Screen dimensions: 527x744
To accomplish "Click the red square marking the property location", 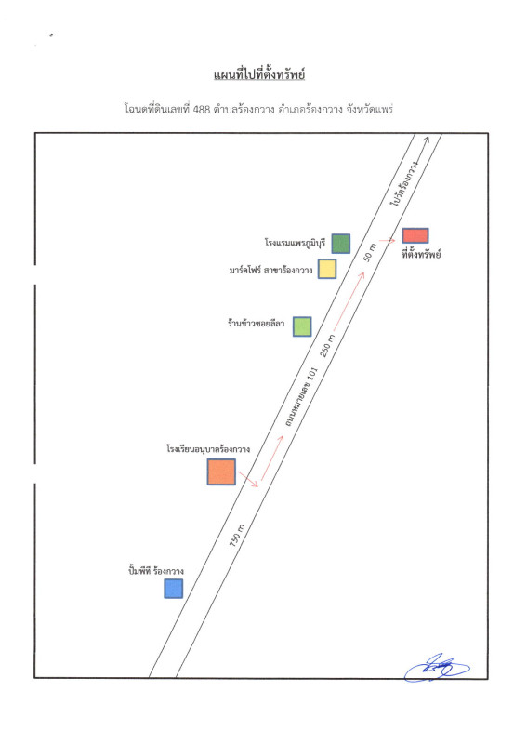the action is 415,236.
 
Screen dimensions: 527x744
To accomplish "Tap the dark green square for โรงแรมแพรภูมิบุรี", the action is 340,244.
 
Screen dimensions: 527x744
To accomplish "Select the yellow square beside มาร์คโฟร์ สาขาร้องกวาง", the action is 327,269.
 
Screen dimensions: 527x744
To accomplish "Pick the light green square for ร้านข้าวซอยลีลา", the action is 302,326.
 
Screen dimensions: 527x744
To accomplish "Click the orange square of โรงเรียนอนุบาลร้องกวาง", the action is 221,472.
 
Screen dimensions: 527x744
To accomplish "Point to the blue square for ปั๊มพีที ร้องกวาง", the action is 174,589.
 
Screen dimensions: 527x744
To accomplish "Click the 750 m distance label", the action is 237,535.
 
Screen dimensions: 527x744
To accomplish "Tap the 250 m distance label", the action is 327,345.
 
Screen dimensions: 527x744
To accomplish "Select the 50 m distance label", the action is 370,252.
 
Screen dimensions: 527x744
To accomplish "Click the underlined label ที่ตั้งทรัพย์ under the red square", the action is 421,254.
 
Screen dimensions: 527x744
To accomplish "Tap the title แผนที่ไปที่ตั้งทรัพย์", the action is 259,74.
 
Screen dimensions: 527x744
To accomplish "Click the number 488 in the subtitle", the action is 202,110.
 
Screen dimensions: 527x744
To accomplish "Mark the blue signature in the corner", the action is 437,668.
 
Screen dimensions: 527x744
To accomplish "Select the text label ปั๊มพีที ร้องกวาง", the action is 155,571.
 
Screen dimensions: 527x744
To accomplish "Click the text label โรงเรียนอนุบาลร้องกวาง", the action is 208,448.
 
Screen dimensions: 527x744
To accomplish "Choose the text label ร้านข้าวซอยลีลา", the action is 257,323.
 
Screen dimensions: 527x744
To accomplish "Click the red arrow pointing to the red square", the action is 387,241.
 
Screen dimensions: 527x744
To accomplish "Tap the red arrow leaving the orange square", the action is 248,479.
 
